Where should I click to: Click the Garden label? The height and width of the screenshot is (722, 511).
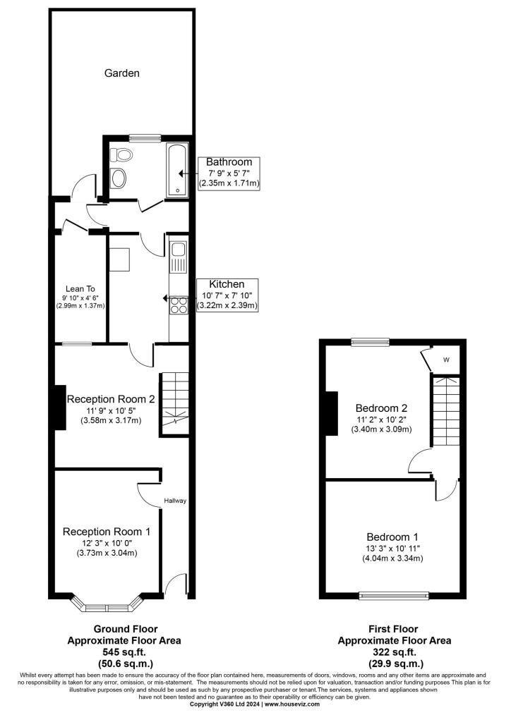pyautogui.click(x=121, y=73)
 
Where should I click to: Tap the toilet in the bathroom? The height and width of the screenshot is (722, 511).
pyautogui.click(x=121, y=154)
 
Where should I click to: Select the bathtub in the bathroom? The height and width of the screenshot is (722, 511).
pyautogui.click(x=177, y=170)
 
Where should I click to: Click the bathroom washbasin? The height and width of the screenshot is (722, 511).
pyautogui.click(x=119, y=178)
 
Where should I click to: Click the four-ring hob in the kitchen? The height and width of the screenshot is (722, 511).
pyautogui.click(x=179, y=305)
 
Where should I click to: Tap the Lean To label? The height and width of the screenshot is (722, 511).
pyautogui.click(x=80, y=288)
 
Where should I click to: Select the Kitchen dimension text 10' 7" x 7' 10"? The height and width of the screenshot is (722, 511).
pyautogui.click(x=227, y=295)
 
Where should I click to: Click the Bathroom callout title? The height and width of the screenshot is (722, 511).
pyautogui.click(x=229, y=161)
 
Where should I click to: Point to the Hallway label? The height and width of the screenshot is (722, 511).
pyautogui.click(x=175, y=501)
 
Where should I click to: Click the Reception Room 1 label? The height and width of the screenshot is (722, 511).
pyautogui.click(x=107, y=532)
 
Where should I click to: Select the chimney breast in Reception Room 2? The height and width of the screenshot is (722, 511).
pyautogui.click(x=60, y=408)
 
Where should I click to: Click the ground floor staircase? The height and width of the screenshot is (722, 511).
pyautogui.click(x=174, y=404)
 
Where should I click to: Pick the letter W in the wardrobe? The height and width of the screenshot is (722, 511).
pyautogui.click(x=446, y=360)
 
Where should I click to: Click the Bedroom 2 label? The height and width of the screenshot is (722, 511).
pyautogui.click(x=381, y=408)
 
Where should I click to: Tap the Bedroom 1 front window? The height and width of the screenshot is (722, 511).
pyautogui.click(x=394, y=596)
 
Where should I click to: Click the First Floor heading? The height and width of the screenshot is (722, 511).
pyautogui.click(x=393, y=629)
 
